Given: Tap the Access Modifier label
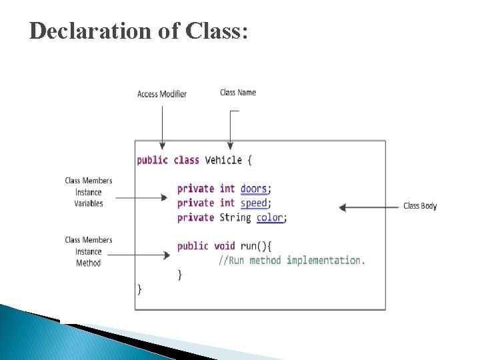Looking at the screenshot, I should [x=162, y=94].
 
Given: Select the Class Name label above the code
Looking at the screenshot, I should [x=238, y=93].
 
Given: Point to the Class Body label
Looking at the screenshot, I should [x=420, y=206].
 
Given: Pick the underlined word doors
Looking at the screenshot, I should [x=253, y=189].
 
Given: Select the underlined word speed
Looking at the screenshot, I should [x=253, y=203].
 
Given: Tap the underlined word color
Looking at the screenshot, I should [x=269, y=218].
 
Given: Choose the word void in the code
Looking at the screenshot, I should [x=225, y=246].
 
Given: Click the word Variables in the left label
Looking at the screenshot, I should [x=89, y=204].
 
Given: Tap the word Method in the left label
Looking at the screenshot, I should [x=89, y=263].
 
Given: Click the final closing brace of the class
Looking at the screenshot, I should [x=139, y=289].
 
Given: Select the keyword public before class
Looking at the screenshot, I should [x=152, y=160].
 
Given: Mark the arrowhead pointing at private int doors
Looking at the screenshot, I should [x=166, y=197].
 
